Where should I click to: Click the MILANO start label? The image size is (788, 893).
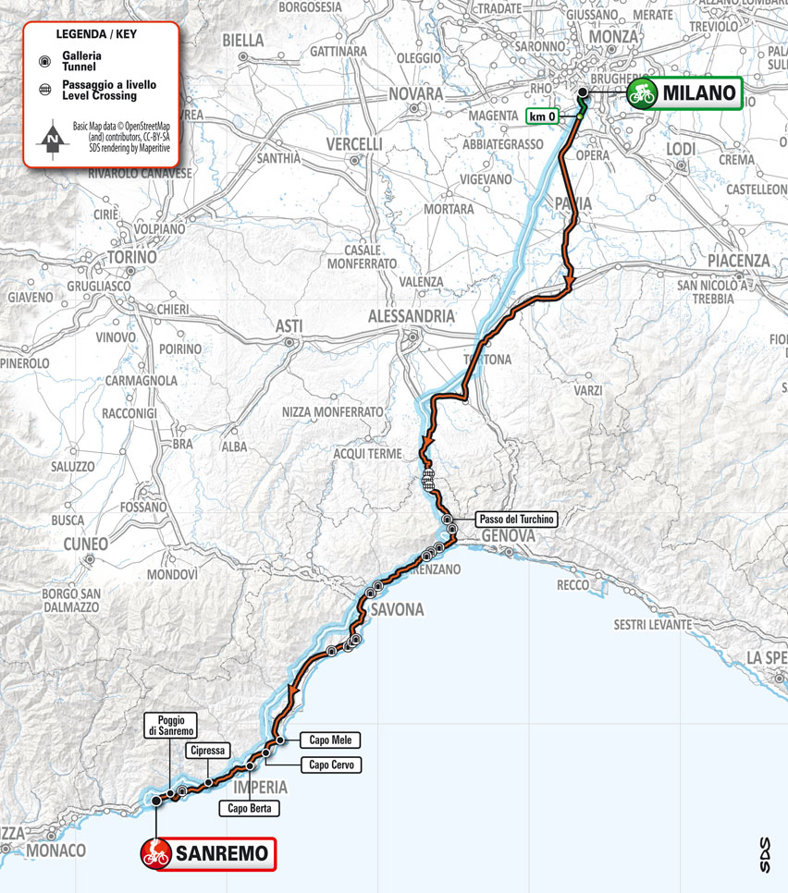click(701, 92)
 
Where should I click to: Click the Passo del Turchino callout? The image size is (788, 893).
click(516, 520)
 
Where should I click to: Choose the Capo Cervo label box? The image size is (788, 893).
click(330, 765)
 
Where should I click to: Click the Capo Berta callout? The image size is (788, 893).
click(249, 808)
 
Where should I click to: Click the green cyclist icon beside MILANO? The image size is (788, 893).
click(642, 92)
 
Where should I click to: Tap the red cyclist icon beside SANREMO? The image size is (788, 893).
click(156, 853)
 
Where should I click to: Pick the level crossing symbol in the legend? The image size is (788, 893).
click(43, 90)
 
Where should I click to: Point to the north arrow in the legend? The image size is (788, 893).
click(53, 139)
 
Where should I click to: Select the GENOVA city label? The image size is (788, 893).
click(507, 537)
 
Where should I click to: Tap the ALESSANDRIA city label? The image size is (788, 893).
click(412, 317)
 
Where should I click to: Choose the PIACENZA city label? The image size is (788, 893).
click(736, 261)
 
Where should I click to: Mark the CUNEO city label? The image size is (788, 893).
click(85, 544)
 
